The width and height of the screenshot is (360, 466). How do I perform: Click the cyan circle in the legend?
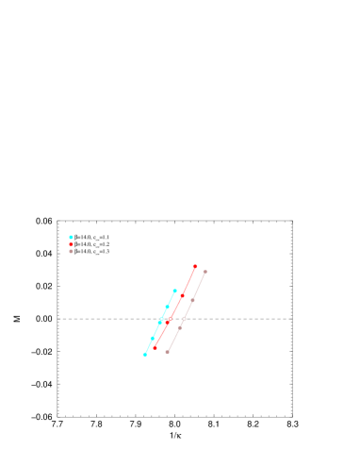[71, 237]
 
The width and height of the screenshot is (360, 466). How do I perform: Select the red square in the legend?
[71, 244]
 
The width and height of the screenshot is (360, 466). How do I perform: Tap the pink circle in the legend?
[71, 251]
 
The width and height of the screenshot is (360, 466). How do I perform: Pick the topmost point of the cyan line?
[174, 291]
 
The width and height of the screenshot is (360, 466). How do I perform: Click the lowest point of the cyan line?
[145, 354]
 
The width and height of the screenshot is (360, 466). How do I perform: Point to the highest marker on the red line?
[195, 266]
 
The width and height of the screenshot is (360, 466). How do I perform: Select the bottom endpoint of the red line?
[155, 347]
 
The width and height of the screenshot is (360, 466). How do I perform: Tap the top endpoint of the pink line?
[205, 272]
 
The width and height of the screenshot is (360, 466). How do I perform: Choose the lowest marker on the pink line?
[167, 352]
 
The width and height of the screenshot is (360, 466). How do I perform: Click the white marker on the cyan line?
[160, 321]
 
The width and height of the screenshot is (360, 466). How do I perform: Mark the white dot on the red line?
[170, 320]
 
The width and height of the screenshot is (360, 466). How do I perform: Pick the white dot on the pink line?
[184, 319]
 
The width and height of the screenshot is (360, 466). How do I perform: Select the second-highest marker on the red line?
[182, 294]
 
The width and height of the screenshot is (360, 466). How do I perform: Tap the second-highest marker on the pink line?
[192, 300]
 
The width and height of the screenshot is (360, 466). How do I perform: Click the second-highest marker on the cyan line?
[167, 307]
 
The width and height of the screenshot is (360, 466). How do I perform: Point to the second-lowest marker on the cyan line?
[152, 338]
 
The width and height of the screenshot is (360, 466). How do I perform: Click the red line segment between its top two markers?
[188, 280]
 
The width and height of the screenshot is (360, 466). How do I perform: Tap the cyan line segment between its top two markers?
[171, 298]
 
